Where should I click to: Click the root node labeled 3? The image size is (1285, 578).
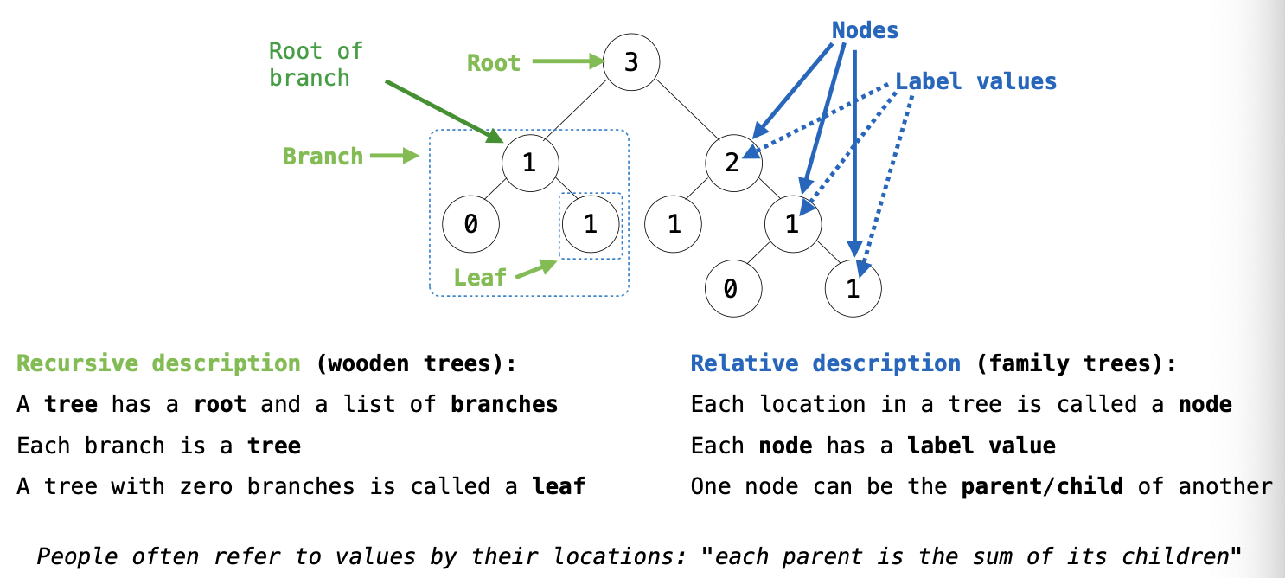(631, 62)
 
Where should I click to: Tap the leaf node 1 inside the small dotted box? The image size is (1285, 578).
(591, 225)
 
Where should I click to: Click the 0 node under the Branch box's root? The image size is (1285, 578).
(470, 225)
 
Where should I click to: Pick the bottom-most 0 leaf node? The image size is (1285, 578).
(732, 288)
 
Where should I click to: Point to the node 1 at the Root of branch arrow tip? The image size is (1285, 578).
(530, 162)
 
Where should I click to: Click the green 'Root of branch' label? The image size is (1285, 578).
(315, 65)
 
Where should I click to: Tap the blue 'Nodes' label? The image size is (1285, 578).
(865, 30)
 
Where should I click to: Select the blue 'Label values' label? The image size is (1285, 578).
(975, 81)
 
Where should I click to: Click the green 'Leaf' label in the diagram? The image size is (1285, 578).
(480, 277)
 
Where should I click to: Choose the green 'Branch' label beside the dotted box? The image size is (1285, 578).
(323, 157)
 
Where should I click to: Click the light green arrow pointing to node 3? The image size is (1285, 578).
(566, 61)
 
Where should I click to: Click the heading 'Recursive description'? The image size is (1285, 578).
(158, 363)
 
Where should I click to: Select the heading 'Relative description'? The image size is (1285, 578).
(825, 363)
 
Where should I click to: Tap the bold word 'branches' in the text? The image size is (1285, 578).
(504, 404)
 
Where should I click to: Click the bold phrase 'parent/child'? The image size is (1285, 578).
(1042, 486)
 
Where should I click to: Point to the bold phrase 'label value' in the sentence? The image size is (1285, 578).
(981, 446)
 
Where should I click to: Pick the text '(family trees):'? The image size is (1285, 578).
(1077, 363)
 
